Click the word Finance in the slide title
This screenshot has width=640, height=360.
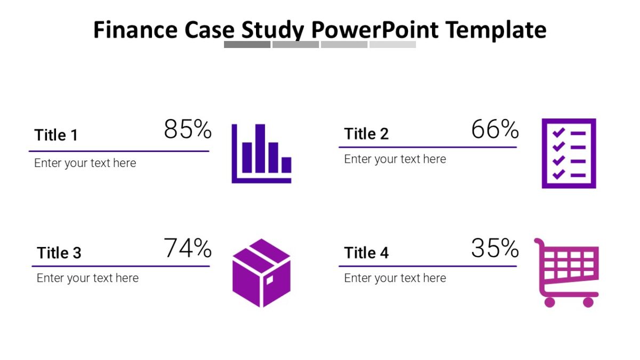(x=136, y=30)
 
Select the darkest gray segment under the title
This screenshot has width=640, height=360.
(x=247, y=45)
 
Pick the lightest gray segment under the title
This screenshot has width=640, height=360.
(x=393, y=45)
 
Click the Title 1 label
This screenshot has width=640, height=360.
(x=56, y=135)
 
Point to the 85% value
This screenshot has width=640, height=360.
(x=188, y=129)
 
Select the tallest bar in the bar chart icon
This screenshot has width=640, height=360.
(x=260, y=148)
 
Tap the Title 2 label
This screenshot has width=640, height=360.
(x=366, y=134)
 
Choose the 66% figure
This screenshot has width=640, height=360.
(x=495, y=130)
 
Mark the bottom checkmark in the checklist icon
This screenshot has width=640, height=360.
(x=558, y=174)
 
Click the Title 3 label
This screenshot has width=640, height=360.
(x=59, y=253)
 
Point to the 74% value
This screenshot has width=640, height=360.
(x=188, y=249)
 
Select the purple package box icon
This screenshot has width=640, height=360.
(x=261, y=273)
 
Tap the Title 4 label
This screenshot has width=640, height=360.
(x=366, y=253)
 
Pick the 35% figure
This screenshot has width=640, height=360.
(x=495, y=249)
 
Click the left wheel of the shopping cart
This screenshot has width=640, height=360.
(x=549, y=302)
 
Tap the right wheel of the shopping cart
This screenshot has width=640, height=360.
(x=588, y=302)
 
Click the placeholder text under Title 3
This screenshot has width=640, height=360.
(x=87, y=278)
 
